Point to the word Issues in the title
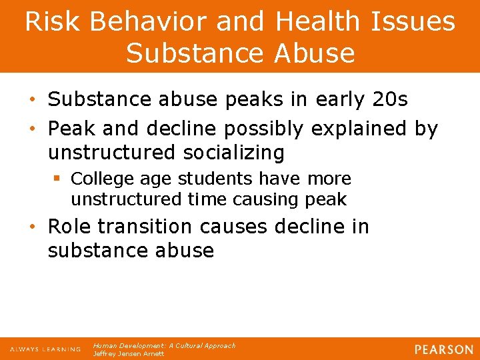click(x=414, y=21)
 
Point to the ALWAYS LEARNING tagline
click(x=45, y=349)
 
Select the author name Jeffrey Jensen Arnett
click(x=128, y=353)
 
